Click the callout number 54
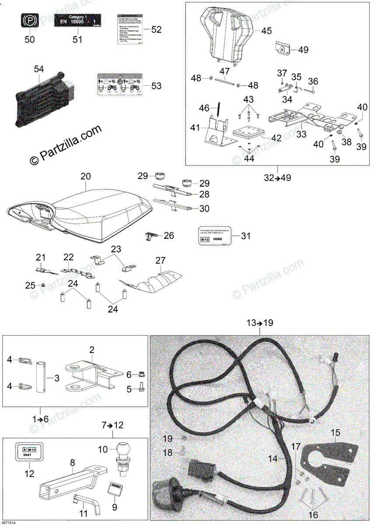click(x=39, y=69)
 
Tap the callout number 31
click(x=246, y=236)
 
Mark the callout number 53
click(x=156, y=86)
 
